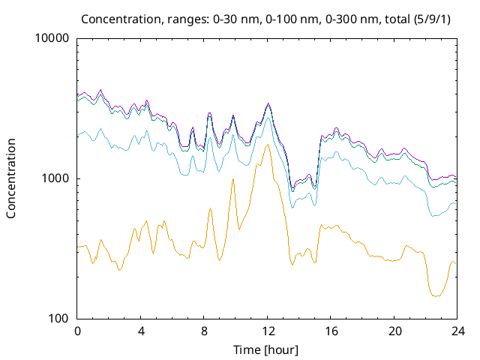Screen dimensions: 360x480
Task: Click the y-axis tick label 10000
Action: coord(53,39)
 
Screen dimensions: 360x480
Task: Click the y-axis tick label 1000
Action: coord(56,178)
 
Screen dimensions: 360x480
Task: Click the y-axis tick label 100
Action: coord(59,319)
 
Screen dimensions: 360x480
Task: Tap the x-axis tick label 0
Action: coord(77,331)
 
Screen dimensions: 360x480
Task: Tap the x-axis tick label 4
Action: coord(141,331)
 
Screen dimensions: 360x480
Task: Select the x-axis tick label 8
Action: coord(204,331)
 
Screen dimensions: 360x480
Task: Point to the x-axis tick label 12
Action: coord(268,331)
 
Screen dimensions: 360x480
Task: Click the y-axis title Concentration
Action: coord(11,178)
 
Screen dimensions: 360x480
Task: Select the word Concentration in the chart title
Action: coord(116,18)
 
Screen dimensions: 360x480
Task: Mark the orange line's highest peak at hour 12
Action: coord(268,145)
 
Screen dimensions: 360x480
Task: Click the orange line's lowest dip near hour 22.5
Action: coord(436,296)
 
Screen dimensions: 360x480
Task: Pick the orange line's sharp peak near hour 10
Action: coord(233,179)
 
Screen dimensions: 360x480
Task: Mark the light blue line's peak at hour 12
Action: coord(268,117)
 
